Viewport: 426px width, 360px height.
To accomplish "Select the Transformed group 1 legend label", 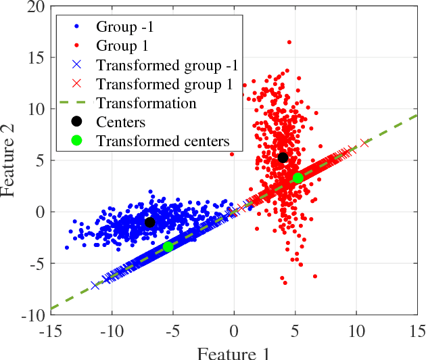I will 164,85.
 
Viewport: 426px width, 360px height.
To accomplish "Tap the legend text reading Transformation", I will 146,104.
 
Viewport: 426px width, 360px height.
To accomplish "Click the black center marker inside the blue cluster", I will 149,222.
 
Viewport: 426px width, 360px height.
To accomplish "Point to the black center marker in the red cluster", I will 283,158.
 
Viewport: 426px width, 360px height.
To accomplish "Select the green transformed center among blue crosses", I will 168,247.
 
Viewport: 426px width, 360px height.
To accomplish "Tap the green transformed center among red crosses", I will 298,178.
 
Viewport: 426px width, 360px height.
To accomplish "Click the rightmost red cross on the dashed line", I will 365,143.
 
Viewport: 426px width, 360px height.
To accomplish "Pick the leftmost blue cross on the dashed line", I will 95,286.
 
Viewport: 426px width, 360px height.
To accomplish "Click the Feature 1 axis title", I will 233,353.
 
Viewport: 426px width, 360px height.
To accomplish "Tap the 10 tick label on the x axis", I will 356,332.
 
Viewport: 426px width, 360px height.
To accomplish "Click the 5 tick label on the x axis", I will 295,332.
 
